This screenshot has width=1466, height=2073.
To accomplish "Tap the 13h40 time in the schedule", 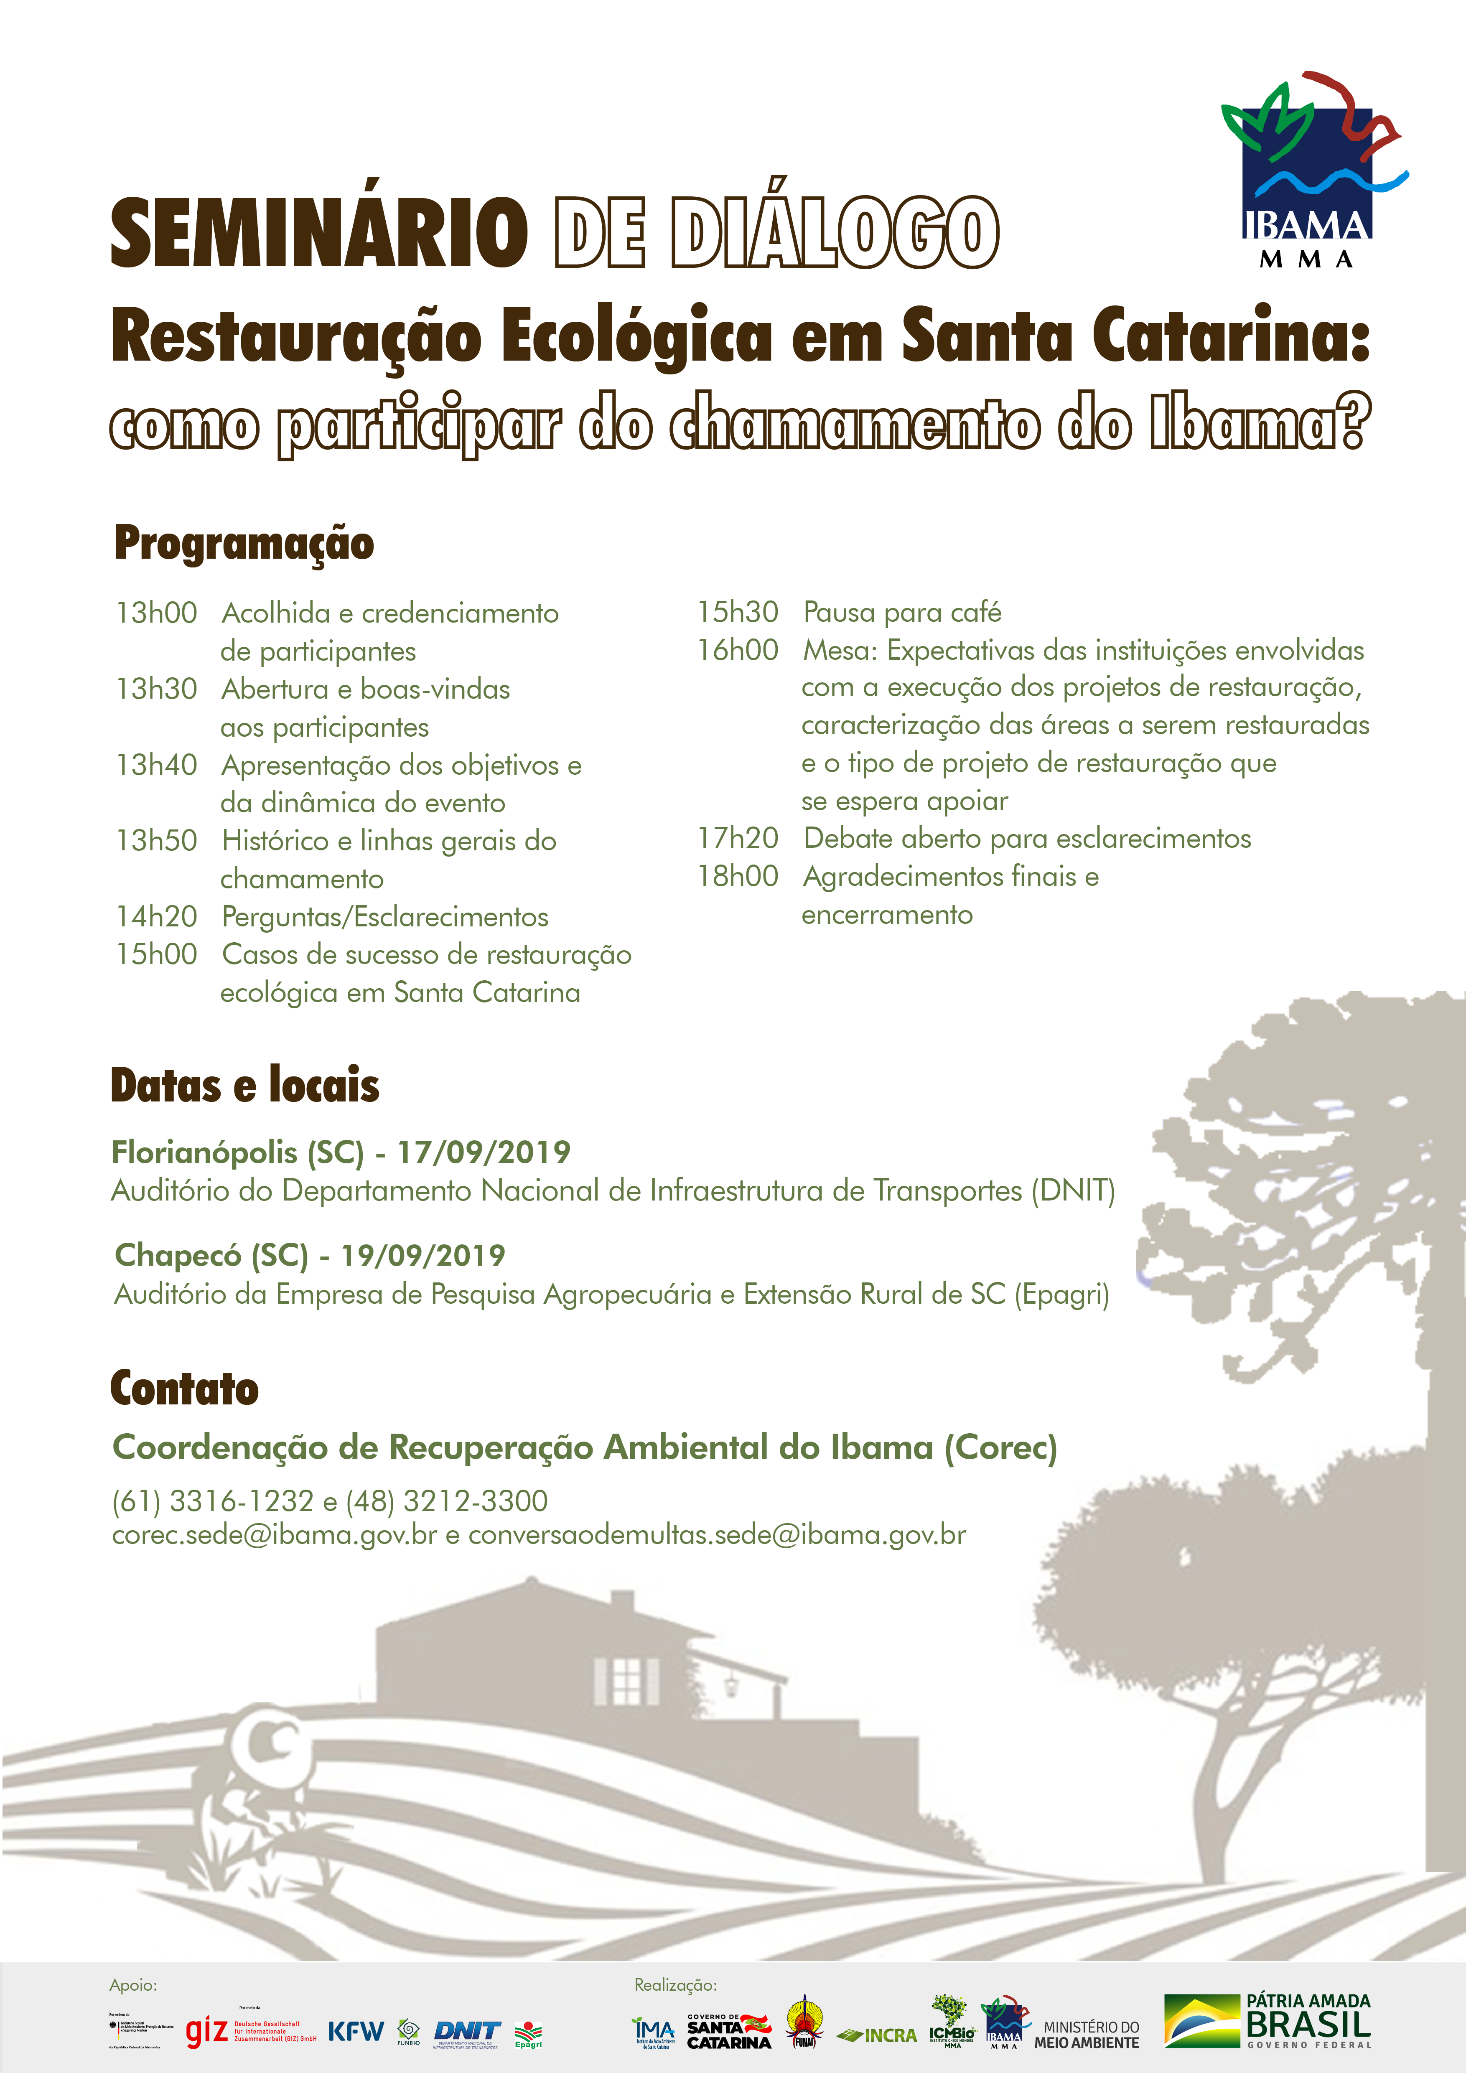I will [x=156, y=765].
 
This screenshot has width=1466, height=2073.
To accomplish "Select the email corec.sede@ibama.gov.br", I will [x=275, y=1535].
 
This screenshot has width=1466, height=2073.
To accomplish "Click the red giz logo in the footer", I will [x=206, y=2032].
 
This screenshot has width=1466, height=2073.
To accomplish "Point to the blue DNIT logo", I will [x=467, y=2032].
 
